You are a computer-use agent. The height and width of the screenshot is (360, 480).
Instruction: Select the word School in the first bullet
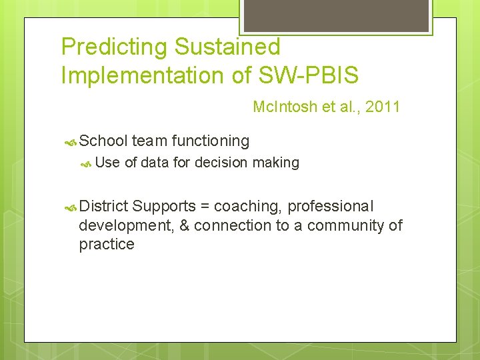(x=103, y=141)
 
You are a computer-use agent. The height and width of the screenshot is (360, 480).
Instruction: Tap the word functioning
(x=211, y=141)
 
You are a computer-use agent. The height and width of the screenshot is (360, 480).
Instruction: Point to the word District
(x=103, y=207)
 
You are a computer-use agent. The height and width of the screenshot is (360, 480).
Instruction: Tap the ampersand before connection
(x=182, y=225)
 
